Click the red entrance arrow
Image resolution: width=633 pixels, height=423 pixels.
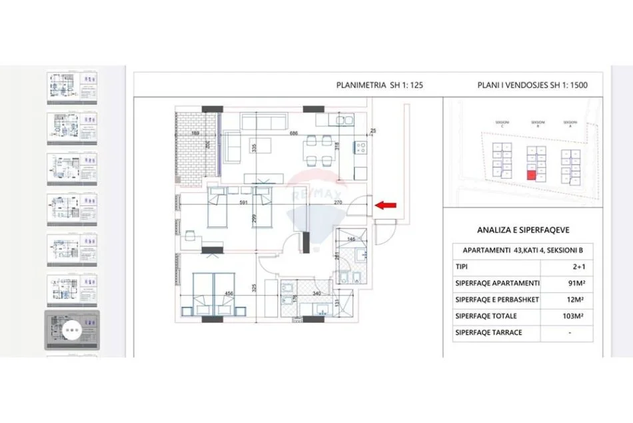[385, 205]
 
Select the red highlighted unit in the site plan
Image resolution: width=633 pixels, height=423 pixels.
[531, 175]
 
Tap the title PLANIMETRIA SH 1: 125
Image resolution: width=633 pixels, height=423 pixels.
[380, 85]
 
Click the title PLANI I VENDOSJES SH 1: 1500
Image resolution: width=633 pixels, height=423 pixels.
[532, 85]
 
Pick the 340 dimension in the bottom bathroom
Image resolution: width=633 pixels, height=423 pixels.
[316, 293]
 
